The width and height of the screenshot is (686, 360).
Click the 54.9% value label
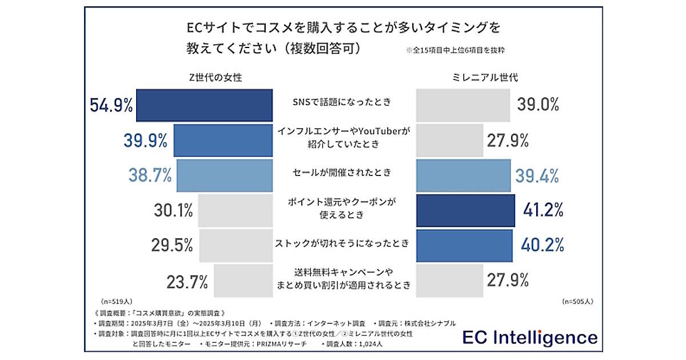coord(111,105)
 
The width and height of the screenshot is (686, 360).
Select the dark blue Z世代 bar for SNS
coord(204,105)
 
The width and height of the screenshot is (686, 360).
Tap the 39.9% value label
coord(146,140)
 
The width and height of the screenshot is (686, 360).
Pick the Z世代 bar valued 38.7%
coord(225,175)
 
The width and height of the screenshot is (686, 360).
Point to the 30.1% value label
coord(173,211)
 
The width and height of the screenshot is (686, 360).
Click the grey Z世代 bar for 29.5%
coord(235,246)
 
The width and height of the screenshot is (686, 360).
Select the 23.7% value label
coord(187,281)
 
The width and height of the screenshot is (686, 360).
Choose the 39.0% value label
coord(538,105)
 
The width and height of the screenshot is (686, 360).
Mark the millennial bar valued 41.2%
coord(464,211)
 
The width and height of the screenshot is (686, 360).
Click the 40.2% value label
coord(542,246)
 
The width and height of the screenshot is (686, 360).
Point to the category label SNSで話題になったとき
coord(342,103)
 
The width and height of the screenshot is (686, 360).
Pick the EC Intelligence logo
coord(529,337)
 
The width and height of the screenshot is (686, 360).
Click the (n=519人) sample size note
coord(117,301)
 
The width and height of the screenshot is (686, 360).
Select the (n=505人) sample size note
coord(578,301)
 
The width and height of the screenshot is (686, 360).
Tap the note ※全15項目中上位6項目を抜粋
coord(455,50)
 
